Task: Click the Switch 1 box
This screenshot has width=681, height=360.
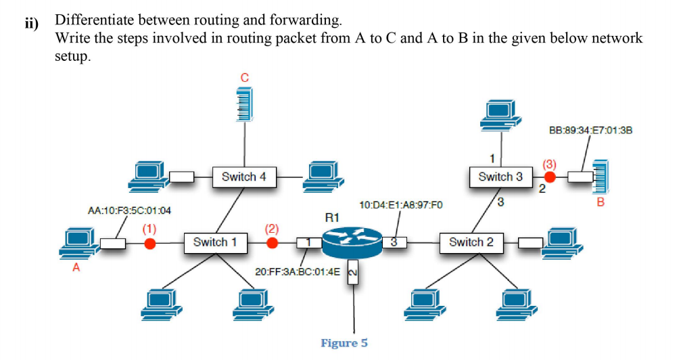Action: pos(210,242)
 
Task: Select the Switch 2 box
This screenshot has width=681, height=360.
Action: pos(471,242)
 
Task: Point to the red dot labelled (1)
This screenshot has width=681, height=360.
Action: pos(150,242)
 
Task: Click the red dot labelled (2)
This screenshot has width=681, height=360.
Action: pos(272,242)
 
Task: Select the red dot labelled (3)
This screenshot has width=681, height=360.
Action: pos(550,177)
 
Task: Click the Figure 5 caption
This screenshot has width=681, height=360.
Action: pos(344,343)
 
